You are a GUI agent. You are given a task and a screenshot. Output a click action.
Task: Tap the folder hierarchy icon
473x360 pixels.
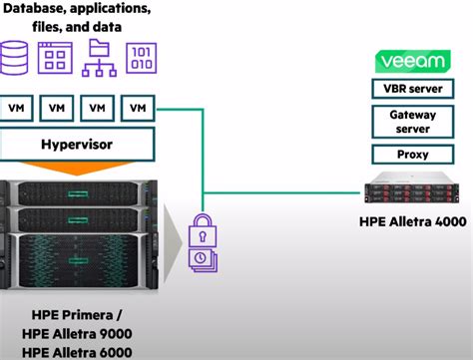[x=98, y=60]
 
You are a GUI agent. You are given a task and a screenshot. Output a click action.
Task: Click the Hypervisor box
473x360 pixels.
[x=76, y=144]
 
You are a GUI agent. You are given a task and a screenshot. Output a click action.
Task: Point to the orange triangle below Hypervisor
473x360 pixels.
[x=76, y=169]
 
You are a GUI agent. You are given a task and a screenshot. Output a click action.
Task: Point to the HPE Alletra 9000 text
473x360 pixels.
[x=76, y=332]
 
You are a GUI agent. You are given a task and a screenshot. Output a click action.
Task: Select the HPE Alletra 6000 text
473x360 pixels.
[x=76, y=350]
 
